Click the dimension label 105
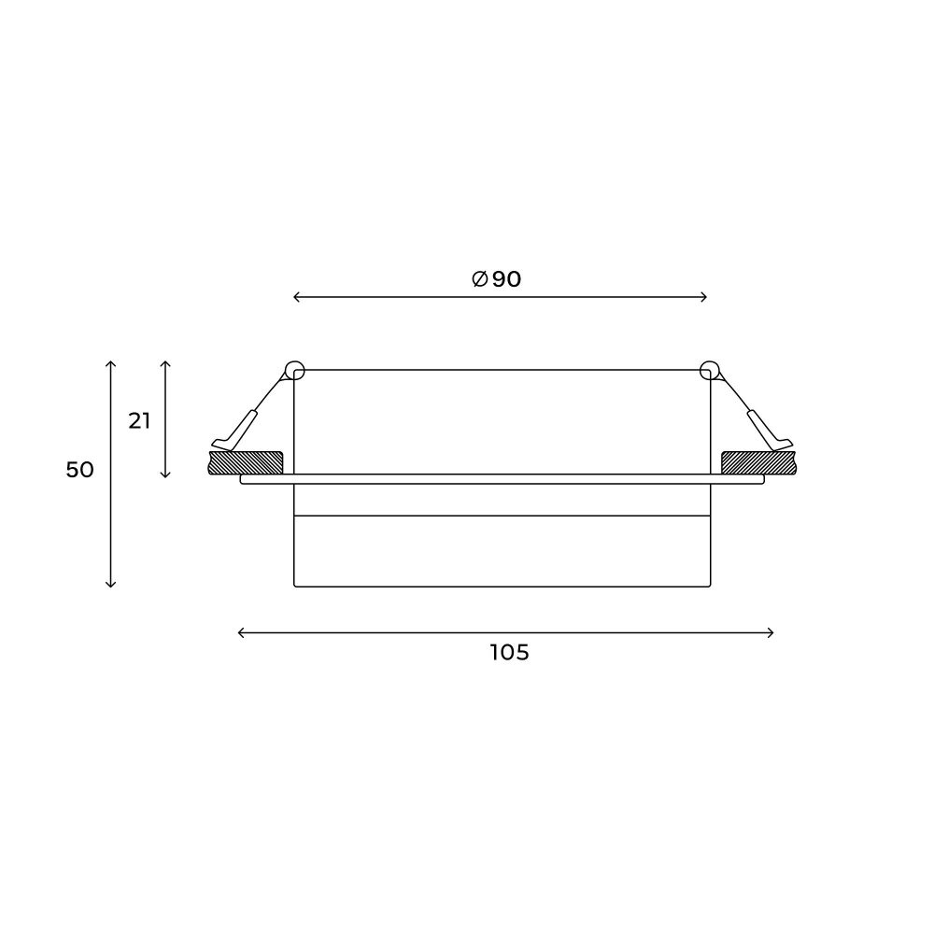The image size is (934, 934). coord(509,653)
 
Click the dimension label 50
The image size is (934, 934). coord(79,470)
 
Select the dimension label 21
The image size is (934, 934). coord(139,421)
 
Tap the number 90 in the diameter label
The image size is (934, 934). coord(506,278)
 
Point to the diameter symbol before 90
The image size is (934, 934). coord(480,278)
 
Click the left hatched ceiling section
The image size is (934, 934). coord(246,463)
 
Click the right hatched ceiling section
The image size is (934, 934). coord(758,463)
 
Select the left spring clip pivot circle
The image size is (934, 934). coord(295,371)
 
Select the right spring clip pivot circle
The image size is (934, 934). coord(710,371)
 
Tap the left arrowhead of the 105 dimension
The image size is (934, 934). coord(241,632)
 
